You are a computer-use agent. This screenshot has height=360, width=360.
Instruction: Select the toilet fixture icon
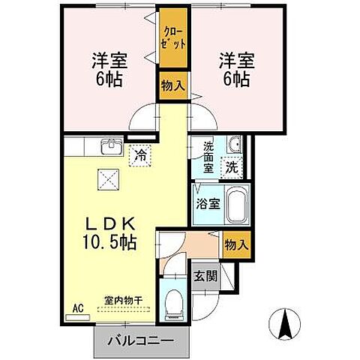(173, 301)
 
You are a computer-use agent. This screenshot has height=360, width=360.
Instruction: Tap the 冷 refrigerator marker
(140, 156)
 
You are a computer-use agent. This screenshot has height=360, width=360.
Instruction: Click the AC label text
(76, 307)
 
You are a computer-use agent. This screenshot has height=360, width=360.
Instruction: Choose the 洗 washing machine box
(233, 167)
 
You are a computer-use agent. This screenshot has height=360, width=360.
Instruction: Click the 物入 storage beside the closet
(172, 85)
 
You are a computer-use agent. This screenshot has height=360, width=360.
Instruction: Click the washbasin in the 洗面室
(234, 145)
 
